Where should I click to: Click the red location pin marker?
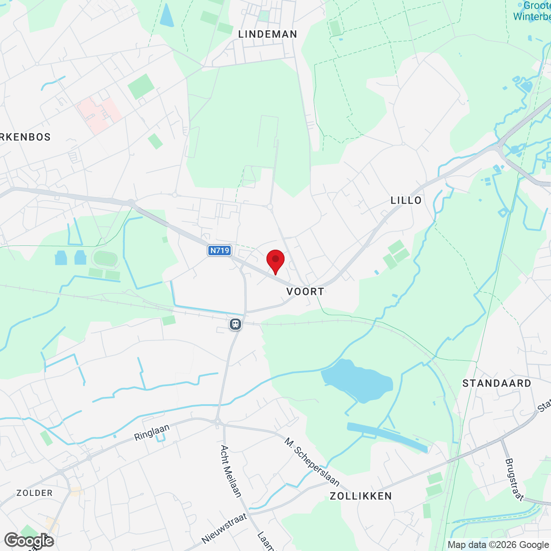tap(275, 260)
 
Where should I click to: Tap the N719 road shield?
tap(220, 251)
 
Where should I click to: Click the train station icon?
tap(235, 324)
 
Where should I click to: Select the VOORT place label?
tap(305, 291)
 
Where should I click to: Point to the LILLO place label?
tap(406, 200)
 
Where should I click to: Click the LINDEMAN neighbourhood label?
tap(268, 34)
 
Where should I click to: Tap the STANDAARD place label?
tap(497, 383)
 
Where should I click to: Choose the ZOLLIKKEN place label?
tap(361, 496)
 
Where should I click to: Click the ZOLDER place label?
tap(34, 493)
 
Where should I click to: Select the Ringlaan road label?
tap(152, 432)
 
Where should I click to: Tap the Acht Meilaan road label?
tap(231, 471)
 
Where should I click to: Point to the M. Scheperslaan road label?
tap(312, 461)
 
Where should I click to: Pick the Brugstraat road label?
tap(514, 480)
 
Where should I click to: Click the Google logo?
tap(29, 540)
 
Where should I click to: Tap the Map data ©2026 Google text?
tap(498, 545)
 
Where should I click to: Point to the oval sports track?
tap(105, 259)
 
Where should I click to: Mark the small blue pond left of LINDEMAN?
tap(166, 15)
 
